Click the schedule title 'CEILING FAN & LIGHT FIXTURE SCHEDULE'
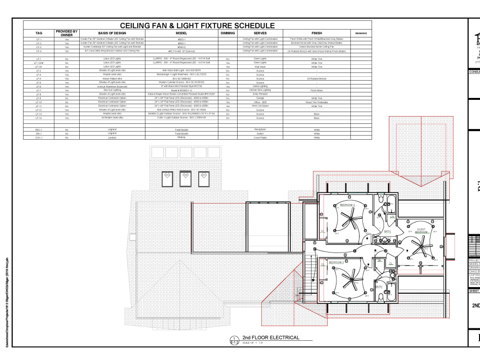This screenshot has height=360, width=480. point(197,25)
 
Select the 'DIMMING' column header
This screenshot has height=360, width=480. point(228,33)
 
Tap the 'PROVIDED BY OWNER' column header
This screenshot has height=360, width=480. point(67,33)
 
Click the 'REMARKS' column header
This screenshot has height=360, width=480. point(361,33)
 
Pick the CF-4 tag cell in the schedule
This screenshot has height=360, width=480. point(39,51)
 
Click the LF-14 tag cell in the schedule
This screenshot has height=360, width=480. point(39,118)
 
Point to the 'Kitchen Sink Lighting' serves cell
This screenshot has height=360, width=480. point(260,90)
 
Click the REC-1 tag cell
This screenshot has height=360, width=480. point(39,130)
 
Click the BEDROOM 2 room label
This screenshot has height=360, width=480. point(348,205)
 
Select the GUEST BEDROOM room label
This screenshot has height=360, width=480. point(421,231)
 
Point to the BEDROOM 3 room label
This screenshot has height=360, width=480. point(336,263)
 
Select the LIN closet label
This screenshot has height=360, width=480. point(392,217)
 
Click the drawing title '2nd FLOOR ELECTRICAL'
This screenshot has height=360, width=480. point(271,337)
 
